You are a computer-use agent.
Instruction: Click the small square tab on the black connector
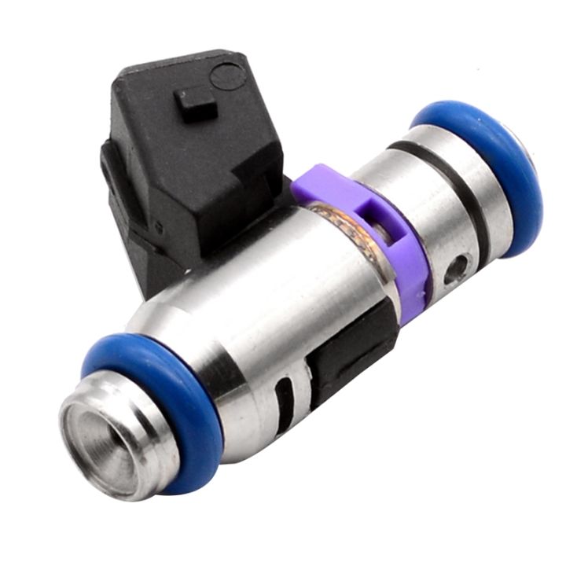coord(195,104)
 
